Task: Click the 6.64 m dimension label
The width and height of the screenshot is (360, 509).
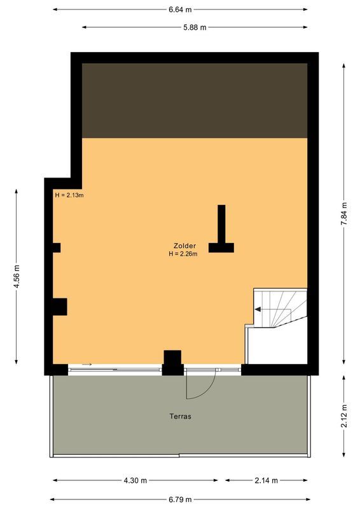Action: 180,10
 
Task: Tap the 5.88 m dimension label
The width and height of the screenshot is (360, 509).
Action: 195,27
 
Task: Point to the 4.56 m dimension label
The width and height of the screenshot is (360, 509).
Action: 17,276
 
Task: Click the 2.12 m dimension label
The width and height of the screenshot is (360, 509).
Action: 344,416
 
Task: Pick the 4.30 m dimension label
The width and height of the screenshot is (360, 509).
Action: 135,480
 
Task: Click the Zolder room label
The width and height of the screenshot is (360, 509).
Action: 184,246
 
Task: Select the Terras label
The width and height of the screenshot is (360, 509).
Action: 181,417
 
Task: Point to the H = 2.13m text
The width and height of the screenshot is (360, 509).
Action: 69,195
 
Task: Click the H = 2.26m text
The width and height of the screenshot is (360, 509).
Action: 183,254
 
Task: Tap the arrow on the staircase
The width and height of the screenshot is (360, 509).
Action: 259,310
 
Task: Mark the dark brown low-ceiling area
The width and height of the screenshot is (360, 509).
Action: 195,101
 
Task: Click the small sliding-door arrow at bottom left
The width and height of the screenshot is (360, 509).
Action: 87,365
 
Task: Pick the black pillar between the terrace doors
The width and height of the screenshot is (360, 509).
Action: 172,361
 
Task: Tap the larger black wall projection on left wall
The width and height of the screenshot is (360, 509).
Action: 60,307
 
